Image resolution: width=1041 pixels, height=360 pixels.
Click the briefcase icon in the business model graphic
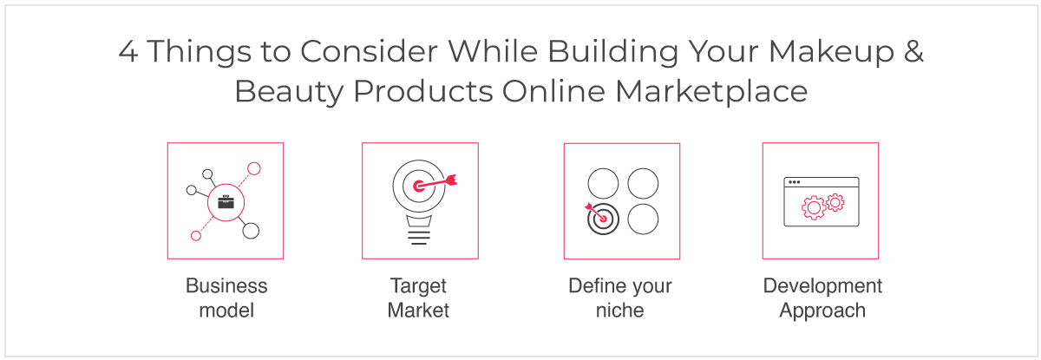[x=226, y=202]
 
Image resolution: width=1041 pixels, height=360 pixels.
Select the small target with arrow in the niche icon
[x=602, y=219]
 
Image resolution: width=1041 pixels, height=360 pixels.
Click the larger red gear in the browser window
[x=814, y=207]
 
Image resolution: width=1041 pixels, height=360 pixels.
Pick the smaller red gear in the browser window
[x=835, y=202]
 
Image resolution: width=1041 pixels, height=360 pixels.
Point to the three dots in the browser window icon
[x=795, y=182]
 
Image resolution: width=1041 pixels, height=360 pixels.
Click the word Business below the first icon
[x=226, y=285]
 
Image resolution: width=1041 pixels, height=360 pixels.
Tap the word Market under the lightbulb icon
[x=418, y=311]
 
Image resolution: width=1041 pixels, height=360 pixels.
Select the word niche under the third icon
[x=620, y=311]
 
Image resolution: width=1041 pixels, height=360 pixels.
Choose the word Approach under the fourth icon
[x=822, y=311]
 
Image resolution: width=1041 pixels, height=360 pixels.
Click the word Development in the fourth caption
[x=822, y=286]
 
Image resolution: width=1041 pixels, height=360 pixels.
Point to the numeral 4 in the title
[x=128, y=51]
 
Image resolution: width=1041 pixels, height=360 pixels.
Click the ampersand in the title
[x=913, y=51]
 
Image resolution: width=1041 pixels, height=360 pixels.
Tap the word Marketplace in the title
[x=711, y=92]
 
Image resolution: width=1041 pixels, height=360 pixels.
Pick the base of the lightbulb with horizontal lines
[x=419, y=230]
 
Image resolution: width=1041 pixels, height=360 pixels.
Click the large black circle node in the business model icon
[x=251, y=231]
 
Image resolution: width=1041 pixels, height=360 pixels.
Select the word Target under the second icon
[x=418, y=286]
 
